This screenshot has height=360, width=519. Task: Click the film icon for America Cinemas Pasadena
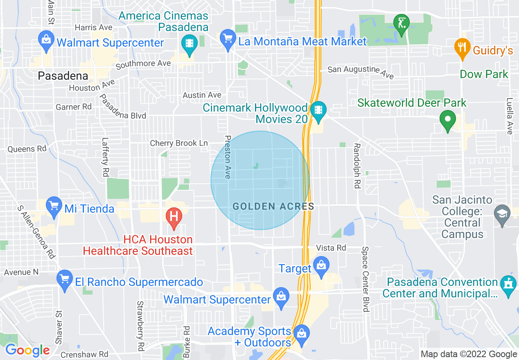(189, 42)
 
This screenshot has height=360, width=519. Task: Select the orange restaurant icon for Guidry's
(462, 46)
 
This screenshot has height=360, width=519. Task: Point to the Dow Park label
(484, 74)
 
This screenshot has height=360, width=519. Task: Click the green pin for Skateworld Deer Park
(447, 120)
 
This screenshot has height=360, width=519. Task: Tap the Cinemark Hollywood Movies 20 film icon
(318, 110)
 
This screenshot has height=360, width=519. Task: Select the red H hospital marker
(174, 215)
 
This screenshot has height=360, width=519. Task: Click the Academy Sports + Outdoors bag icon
(301, 333)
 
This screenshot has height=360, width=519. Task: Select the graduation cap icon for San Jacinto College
(502, 213)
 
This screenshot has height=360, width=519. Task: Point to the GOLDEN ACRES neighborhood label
(273, 207)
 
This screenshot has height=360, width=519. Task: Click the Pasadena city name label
(63, 76)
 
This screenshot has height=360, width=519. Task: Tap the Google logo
(27, 350)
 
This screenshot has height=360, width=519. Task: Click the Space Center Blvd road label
(366, 279)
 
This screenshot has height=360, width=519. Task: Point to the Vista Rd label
(331, 248)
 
